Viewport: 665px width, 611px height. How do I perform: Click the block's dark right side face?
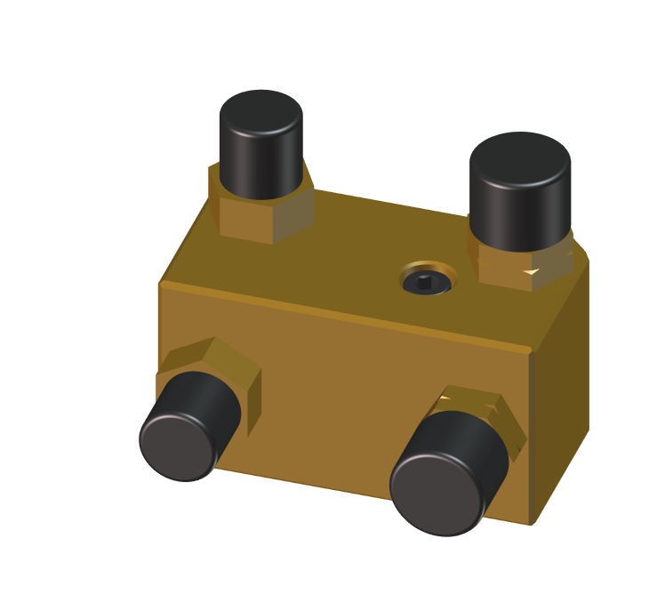point(560,391)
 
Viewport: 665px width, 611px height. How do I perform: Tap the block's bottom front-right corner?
point(532,524)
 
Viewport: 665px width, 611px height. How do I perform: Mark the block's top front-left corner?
point(160,284)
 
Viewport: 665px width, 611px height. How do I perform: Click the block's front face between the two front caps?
point(338,400)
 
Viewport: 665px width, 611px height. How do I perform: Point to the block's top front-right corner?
point(532,351)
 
